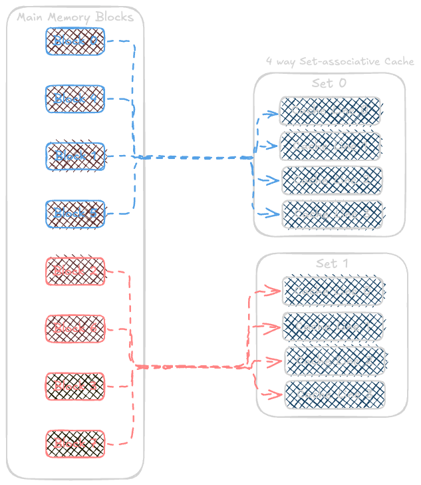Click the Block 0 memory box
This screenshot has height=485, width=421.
(x=75, y=41)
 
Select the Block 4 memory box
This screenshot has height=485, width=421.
(x=75, y=98)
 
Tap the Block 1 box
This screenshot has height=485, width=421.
(x=75, y=156)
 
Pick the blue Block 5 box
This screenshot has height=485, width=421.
(x=75, y=214)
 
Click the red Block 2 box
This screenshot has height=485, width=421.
(x=75, y=271)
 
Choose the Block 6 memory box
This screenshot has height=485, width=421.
(x=75, y=329)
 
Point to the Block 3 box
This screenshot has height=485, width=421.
(x=75, y=386)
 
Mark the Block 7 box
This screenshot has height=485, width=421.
(x=75, y=443)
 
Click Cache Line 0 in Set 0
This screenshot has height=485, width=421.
(x=330, y=110)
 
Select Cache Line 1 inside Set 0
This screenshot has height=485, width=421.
(x=330, y=146)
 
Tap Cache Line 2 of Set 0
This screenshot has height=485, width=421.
(x=332, y=180)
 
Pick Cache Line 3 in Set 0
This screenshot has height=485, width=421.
(x=332, y=214)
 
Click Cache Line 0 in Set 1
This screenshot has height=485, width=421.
(x=332, y=291)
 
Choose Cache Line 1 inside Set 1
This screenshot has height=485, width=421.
(x=333, y=327)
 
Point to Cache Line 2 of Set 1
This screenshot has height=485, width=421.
(x=335, y=361)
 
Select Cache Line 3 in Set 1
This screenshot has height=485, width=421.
(x=335, y=395)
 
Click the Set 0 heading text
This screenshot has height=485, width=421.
(x=329, y=84)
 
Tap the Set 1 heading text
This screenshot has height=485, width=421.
(x=332, y=263)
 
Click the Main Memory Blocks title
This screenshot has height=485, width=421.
(x=75, y=17)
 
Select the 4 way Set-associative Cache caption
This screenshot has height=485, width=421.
(x=340, y=62)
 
